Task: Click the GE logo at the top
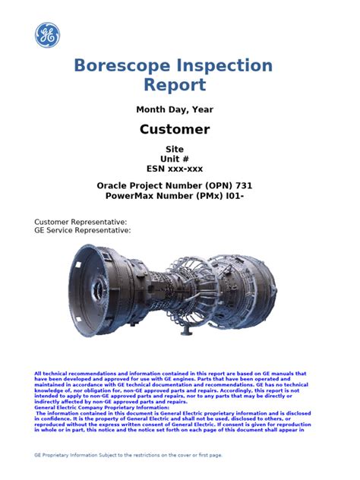(46, 36)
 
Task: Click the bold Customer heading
(175, 129)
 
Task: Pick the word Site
(175, 149)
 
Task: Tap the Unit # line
(175, 159)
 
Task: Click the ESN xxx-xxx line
(175, 169)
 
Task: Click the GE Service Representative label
(83, 229)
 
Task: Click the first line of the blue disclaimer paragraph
(170, 374)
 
